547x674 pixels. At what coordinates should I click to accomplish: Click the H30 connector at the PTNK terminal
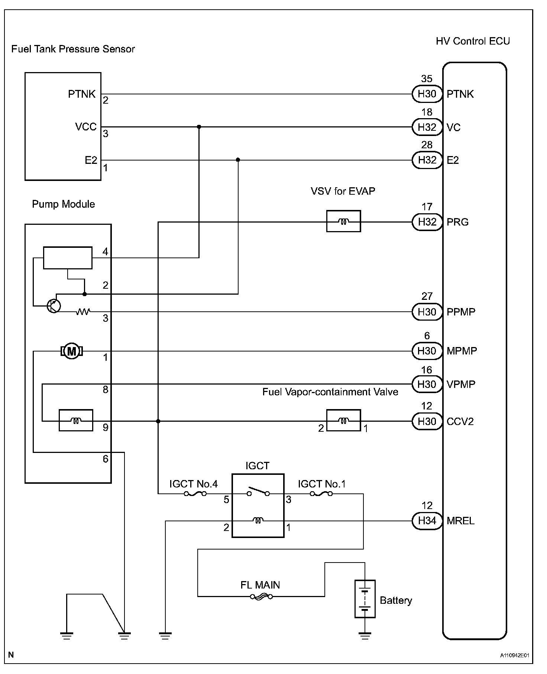(x=427, y=94)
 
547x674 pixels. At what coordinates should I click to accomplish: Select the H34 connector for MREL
(x=427, y=521)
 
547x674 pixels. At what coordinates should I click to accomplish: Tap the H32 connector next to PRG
(x=427, y=222)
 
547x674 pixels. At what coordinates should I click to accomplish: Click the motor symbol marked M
(x=72, y=351)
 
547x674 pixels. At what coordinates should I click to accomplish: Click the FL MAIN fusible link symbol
(x=261, y=597)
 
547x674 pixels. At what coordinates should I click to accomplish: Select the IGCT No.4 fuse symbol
(x=195, y=494)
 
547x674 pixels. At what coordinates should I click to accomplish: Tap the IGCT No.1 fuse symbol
(x=321, y=494)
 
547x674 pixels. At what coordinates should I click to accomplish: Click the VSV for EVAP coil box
(x=343, y=221)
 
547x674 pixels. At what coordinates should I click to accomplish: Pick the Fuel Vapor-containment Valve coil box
(x=343, y=421)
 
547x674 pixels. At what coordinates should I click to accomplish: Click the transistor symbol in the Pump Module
(x=54, y=306)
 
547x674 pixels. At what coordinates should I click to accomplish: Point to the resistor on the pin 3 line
(x=83, y=312)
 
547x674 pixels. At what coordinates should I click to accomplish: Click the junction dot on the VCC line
(x=199, y=127)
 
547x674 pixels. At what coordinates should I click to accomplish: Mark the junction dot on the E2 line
(x=238, y=160)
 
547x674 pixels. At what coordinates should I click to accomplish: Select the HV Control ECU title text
(x=473, y=41)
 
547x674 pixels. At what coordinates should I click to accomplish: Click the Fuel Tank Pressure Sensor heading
(x=73, y=49)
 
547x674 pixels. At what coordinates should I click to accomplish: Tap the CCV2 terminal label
(x=460, y=421)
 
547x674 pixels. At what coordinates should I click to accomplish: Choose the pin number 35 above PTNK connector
(x=427, y=79)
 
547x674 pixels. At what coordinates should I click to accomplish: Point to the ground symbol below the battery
(x=365, y=636)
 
